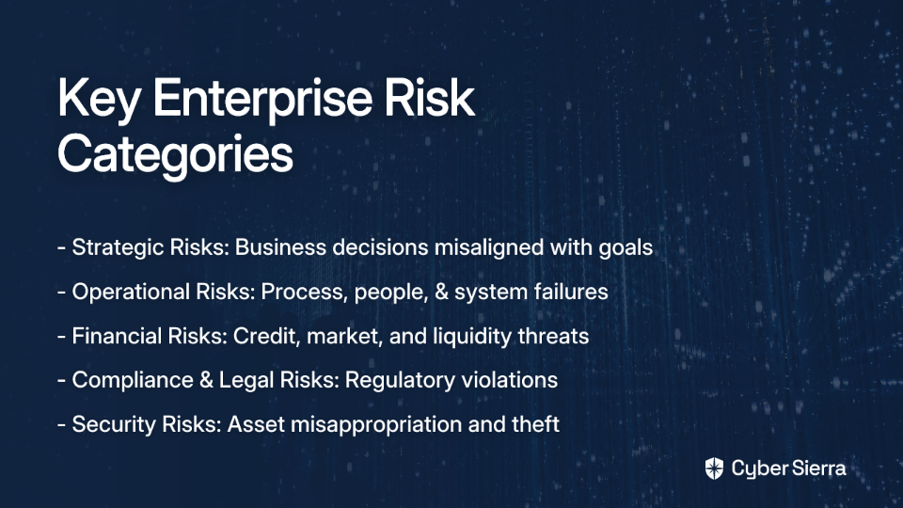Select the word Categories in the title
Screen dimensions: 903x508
[176, 154]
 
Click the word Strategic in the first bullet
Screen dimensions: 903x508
[119, 247]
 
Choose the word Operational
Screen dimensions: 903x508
[131, 292]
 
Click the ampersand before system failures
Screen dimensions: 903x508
[442, 292]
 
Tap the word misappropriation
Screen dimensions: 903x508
[376, 425]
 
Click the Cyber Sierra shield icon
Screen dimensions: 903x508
[714, 468]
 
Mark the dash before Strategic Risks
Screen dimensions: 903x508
[62, 248]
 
